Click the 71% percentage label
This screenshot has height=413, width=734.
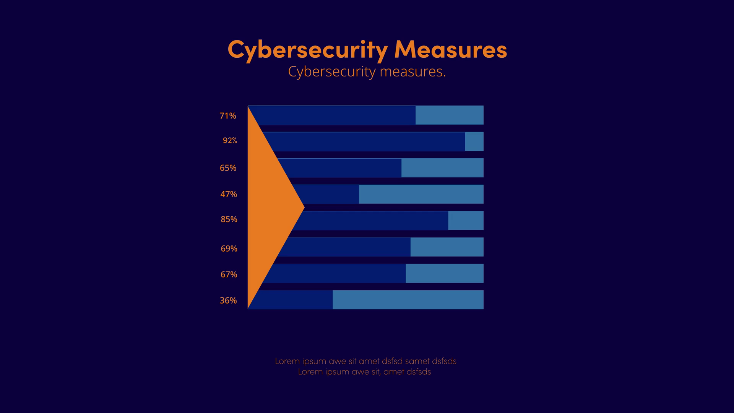[228, 116]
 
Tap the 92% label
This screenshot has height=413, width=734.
[230, 141]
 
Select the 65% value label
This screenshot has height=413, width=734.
[228, 168]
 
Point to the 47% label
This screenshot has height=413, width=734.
[229, 194]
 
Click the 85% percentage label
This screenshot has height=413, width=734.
[229, 220]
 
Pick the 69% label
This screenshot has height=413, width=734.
[229, 249]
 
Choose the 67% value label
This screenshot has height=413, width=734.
[229, 275]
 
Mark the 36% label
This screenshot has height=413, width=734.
[228, 301]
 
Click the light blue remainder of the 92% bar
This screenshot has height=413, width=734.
[474, 141]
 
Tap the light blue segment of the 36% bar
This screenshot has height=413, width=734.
[408, 300]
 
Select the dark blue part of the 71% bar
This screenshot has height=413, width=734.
[336, 115]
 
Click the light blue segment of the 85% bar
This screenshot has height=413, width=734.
[466, 221]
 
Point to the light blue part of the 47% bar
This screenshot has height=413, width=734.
[421, 194]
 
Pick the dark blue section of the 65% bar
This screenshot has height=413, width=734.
[340, 168]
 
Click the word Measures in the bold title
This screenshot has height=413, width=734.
[450, 49]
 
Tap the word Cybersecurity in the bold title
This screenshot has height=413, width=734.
[307, 50]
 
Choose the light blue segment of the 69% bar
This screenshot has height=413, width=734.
[447, 247]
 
